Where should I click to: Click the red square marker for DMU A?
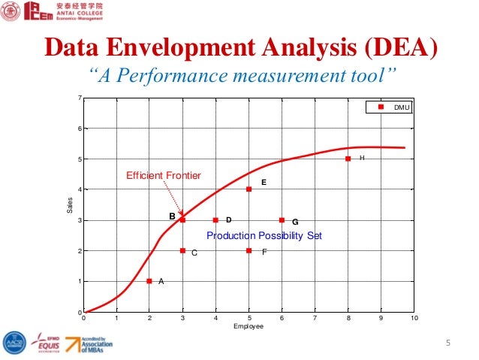[x=149, y=281]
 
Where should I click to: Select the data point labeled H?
[x=348, y=159]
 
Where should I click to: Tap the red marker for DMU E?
[x=249, y=189]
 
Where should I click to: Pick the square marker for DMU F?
[x=249, y=250]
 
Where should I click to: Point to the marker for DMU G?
[x=282, y=220]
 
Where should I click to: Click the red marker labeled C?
[x=182, y=250]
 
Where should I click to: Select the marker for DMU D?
[x=215, y=220]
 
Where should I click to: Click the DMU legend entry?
[x=393, y=107]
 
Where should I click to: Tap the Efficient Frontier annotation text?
[x=163, y=175]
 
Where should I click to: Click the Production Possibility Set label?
[x=264, y=235]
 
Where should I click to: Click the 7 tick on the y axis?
[x=80, y=98]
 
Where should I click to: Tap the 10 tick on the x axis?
[x=414, y=319]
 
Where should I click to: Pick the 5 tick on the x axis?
[x=249, y=319]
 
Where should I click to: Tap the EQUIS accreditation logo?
[x=43, y=344]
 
